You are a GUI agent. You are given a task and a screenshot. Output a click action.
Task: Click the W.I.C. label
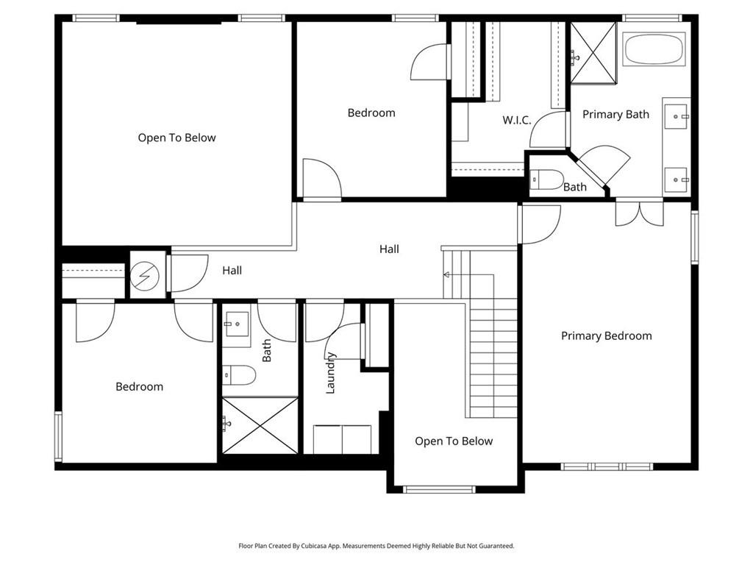tap(517, 120)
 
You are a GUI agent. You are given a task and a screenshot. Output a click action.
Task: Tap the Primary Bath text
tap(615, 114)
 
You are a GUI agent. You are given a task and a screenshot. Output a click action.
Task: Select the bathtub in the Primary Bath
tap(654, 49)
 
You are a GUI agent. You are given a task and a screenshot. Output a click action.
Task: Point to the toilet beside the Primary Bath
tap(546, 180)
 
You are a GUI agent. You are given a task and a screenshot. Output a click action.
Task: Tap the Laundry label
tap(331, 372)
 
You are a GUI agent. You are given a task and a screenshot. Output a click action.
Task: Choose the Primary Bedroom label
tap(606, 335)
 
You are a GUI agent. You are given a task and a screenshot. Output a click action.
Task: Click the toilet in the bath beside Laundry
tap(239, 376)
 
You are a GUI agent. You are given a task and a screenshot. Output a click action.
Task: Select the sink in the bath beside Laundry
tap(238, 324)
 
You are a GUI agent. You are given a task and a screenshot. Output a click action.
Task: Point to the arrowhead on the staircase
tap(446, 274)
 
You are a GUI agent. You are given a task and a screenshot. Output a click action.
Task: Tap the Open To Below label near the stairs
tap(454, 441)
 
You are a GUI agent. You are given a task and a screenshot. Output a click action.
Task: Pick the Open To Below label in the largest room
tap(176, 138)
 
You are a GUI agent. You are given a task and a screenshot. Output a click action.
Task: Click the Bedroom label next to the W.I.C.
tap(371, 113)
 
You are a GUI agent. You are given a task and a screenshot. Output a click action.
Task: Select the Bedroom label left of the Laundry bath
tap(139, 386)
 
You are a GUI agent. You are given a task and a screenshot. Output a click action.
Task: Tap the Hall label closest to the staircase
tap(389, 249)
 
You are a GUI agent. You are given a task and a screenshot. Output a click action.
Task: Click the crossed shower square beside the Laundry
tap(260, 425)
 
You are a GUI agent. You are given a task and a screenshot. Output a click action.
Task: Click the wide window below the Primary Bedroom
tap(606, 466)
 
